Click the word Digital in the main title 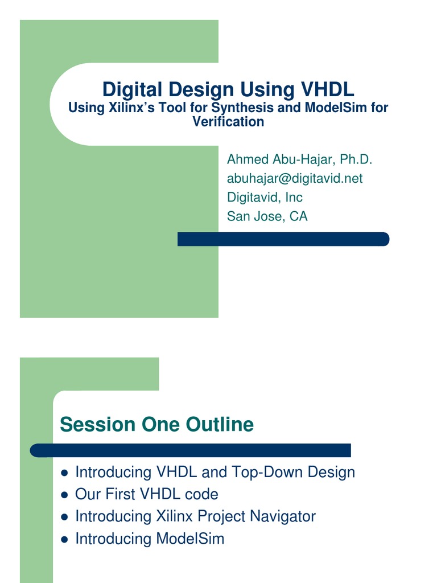click(x=132, y=90)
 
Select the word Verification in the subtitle click(x=228, y=122)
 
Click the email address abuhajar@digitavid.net click(x=295, y=178)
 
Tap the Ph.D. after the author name click(x=356, y=159)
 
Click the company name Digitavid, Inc click(x=265, y=198)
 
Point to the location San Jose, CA click(x=267, y=216)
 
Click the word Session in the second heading click(x=97, y=424)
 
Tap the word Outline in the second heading click(x=220, y=424)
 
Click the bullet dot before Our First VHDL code click(x=64, y=495)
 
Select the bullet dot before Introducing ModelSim click(x=64, y=540)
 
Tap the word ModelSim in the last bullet click(x=190, y=539)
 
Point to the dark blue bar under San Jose click(x=283, y=239)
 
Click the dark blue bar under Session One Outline click(x=190, y=450)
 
